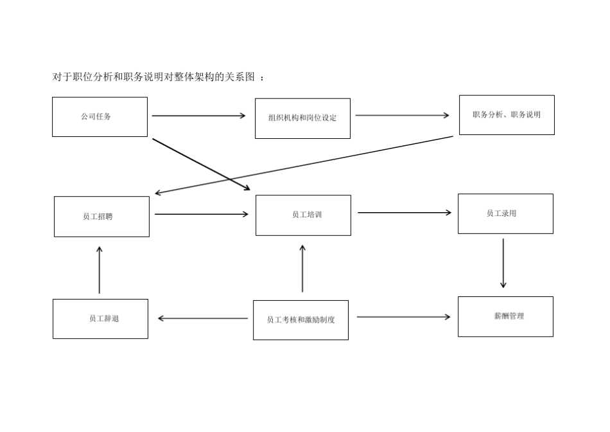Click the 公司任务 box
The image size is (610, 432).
click(100, 117)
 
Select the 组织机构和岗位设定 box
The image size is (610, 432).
click(302, 118)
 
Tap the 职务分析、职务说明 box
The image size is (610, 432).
click(507, 115)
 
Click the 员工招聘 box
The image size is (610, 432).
click(101, 217)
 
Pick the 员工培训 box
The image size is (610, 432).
click(303, 215)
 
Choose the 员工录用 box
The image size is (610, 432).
click(505, 213)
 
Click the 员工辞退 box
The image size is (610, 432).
click(100, 319)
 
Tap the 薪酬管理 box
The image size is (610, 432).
click(505, 316)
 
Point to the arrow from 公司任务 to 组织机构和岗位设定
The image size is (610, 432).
click(198, 116)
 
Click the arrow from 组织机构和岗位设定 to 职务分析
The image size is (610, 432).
click(402, 116)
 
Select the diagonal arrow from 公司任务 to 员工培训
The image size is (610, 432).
click(201, 164)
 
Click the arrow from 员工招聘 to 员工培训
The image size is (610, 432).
click(201, 214)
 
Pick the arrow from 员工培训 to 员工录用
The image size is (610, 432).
click(404, 213)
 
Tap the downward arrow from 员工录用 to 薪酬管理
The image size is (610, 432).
click(503, 264)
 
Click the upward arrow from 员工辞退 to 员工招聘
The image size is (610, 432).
click(100, 270)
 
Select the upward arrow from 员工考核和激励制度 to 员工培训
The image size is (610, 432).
click(302, 269)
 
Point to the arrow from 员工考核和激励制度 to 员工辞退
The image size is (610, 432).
click(203, 318)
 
